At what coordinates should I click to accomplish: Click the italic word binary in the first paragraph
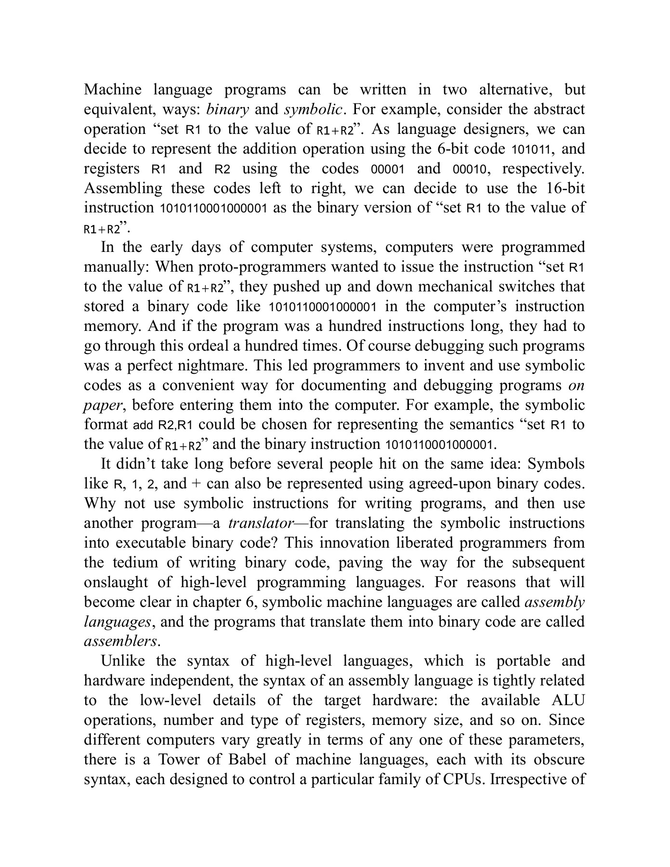click(227, 109)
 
